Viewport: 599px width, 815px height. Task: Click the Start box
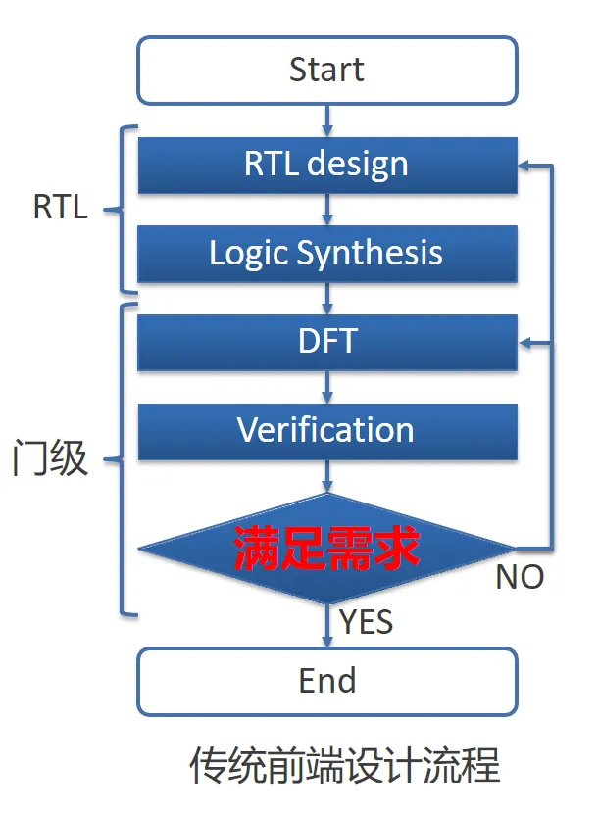(326, 71)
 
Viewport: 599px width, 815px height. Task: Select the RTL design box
(326, 165)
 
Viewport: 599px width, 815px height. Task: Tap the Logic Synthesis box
(326, 254)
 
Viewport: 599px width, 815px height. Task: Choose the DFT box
(326, 342)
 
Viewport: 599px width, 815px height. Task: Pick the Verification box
(326, 430)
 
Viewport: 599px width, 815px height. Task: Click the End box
(326, 681)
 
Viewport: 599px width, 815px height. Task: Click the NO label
(520, 578)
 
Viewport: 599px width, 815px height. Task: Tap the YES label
(367, 621)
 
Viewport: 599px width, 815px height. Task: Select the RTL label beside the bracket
(60, 208)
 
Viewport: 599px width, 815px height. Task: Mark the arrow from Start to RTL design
(326, 120)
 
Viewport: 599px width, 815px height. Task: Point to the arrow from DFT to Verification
(326, 386)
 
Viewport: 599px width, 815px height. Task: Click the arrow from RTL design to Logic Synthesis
(326, 209)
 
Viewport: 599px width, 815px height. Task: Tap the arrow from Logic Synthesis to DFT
(326, 298)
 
